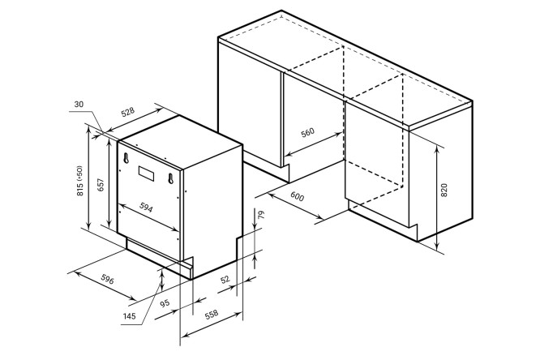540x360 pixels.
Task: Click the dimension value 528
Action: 128,113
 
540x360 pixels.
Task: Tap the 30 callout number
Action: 79,104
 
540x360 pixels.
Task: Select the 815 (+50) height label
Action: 79,181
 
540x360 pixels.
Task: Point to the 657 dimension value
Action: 100,186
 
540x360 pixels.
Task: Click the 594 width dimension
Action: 146,207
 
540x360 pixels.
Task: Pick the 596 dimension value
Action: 107,280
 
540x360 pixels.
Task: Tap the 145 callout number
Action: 129,316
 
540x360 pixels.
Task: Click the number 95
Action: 165,303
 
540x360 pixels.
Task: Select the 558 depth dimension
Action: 212,314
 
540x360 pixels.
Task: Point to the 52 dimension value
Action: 225,279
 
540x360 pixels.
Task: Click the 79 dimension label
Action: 261,215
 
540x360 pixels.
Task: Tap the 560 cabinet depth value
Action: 307,133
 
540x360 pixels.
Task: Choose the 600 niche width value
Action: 298,196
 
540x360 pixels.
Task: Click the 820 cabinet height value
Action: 444,191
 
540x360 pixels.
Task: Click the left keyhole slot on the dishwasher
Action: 126,158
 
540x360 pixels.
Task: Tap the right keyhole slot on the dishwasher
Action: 170,178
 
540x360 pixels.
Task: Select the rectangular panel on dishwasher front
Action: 147,174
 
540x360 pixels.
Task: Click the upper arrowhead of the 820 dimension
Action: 437,149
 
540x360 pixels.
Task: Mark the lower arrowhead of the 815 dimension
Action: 89,226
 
